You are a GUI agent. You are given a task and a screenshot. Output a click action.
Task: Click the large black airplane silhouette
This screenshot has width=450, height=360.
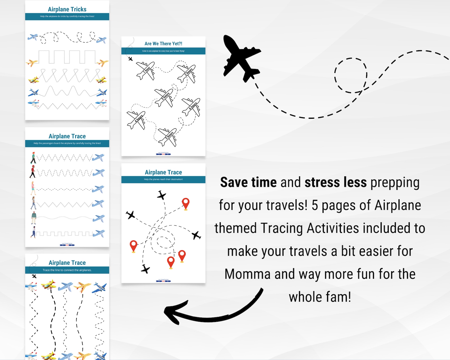240,58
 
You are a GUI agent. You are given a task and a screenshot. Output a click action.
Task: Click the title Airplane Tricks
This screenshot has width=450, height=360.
67,9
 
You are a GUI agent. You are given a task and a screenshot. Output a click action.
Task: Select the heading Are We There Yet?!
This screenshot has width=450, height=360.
163,44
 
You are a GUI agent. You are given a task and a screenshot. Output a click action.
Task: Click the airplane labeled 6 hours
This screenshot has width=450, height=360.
192,107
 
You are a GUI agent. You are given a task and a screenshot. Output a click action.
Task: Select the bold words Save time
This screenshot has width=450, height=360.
248,182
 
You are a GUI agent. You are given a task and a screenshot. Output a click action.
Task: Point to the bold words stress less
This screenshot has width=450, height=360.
336,182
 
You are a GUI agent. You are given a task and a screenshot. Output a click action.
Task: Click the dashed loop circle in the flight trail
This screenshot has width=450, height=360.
351,75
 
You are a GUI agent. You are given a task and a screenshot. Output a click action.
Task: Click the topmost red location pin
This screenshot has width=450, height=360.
186,204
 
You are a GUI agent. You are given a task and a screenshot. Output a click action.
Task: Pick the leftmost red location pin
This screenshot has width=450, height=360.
133,245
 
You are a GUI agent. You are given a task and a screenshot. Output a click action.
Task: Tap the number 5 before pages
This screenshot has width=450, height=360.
315,206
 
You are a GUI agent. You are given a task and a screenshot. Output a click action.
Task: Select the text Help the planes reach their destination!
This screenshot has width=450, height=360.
163,179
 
